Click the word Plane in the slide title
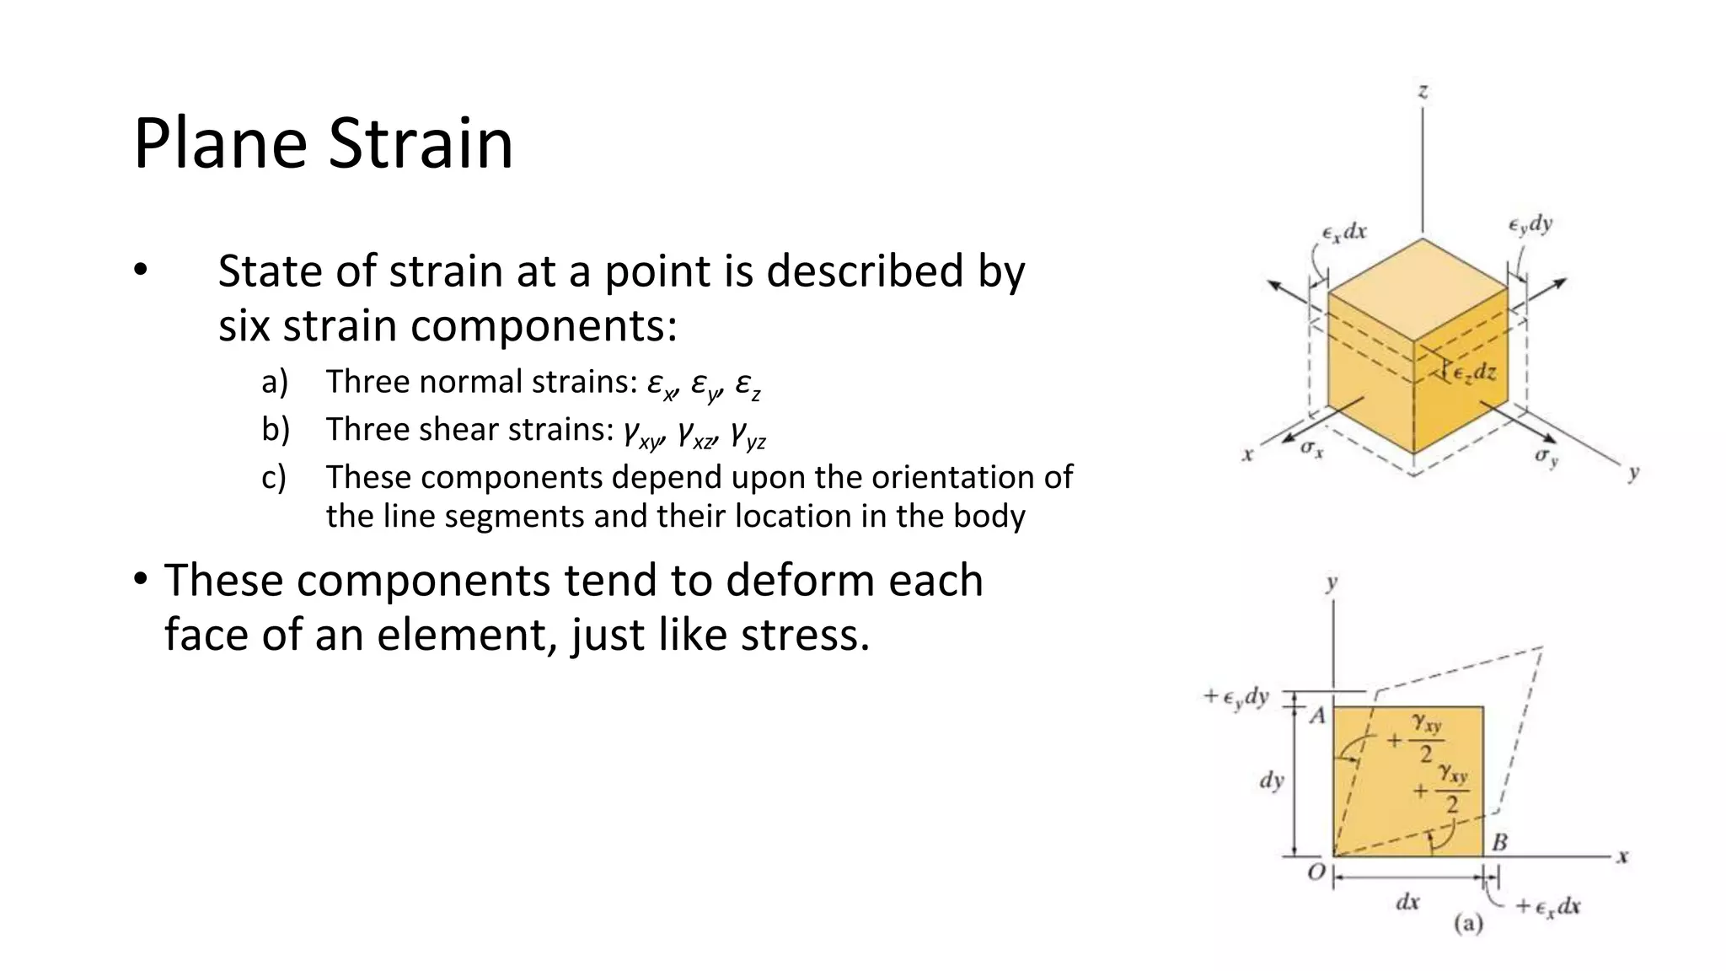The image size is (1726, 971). coord(220,143)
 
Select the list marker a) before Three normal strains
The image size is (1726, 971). coord(275,382)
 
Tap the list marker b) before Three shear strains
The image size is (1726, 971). coord(276,430)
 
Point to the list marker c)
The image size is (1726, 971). coord(274,478)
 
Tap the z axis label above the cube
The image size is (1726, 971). coord(1423,91)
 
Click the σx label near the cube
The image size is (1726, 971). coord(1311,448)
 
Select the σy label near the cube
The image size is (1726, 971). coord(1546,457)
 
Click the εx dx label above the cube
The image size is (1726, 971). coord(1344,232)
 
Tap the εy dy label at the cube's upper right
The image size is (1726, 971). coord(1530,224)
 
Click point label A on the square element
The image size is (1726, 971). coord(1317,716)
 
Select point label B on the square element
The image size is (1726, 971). coord(1499,841)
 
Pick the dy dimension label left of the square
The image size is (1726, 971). coord(1271,781)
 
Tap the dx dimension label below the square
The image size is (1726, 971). coord(1407,903)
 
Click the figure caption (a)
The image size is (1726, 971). coord(1468,924)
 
